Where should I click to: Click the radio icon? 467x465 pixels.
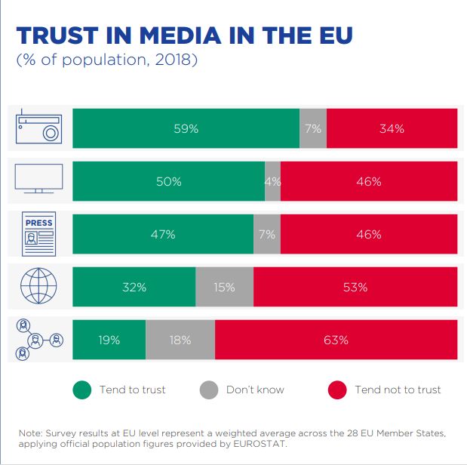click(39, 128)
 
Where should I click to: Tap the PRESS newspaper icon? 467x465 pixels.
click(39, 234)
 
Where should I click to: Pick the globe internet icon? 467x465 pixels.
click(39, 287)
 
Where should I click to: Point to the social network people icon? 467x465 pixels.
click(39, 340)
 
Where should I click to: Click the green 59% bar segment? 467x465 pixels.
click(186, 128)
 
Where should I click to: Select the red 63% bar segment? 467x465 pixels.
click(336, 340)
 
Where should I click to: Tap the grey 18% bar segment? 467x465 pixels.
click(180, 340)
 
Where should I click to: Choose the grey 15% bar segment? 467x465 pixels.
click(224, 287)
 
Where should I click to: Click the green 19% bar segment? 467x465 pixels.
click(109, 340)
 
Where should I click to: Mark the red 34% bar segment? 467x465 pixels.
click(392, 128)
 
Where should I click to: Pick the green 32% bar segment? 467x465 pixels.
click(134, 287)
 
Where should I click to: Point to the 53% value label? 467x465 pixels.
click(355, 287)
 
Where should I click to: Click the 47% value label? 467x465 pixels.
click(163, 234)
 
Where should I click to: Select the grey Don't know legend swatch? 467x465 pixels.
click(209, 390)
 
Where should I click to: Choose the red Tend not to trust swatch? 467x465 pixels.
click(337, 390)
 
